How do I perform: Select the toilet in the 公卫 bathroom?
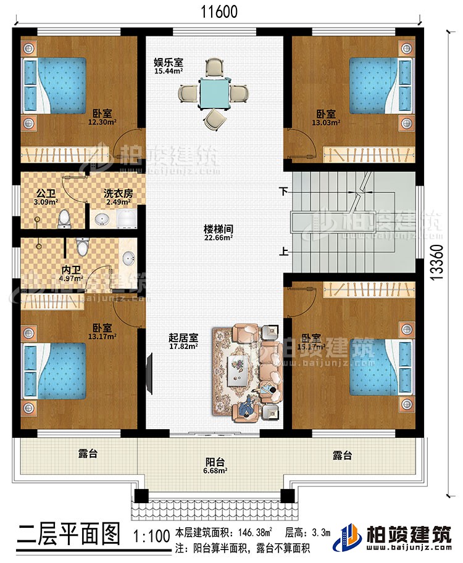(x=63, y=218)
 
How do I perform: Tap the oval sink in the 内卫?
(x=128, y=258)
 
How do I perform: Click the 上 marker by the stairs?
(x=284, y=252)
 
